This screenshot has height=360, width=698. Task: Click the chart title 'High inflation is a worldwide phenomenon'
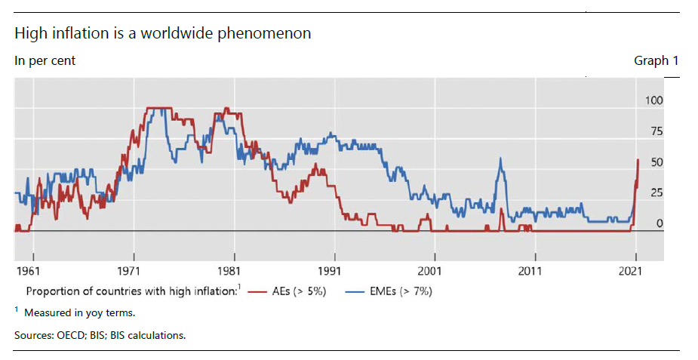163,34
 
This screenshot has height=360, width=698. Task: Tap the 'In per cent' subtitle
45,61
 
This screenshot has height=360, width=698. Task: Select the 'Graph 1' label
656,61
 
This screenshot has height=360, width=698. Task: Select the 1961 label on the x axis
29,269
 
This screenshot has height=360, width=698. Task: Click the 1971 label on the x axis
130,269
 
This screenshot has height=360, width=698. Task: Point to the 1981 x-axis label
230,269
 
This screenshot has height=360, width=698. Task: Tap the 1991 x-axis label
331,269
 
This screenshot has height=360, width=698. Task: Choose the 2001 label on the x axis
431,269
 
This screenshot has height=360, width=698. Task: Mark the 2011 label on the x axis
531,269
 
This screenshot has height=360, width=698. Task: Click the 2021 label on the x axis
632,269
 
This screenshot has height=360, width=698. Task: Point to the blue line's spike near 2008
500,159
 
